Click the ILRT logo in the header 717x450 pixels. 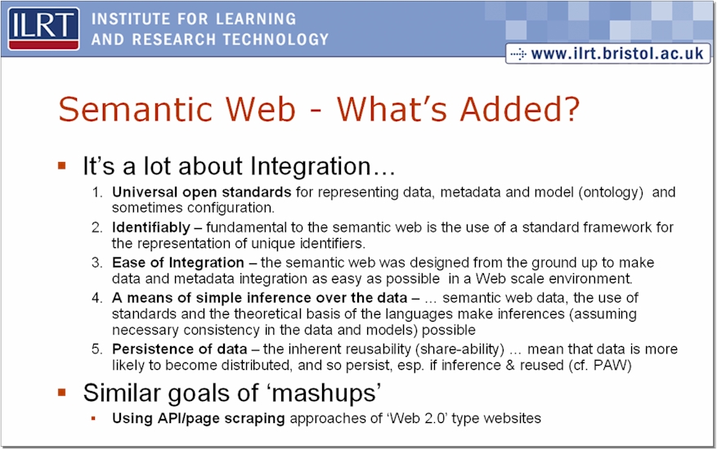click(x=43, y=29)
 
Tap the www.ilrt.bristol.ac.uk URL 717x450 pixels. click(x=617, y=53)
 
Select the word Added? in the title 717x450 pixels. click(x=520, y=109)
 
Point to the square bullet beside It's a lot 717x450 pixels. click(x=62, y=165)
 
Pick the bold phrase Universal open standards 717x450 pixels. click(x=202, y=192)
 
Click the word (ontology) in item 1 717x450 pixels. click(x=611, y=192)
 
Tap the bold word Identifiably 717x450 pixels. click(x=151, y=227)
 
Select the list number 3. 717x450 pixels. click(x=97, y=263)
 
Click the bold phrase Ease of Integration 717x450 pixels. click(x=178, y=263)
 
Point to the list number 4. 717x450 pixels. click(x=97, y=298)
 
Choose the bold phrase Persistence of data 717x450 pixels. click(x=180, y=349)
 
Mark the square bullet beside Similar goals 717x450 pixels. click(x=62, y=393)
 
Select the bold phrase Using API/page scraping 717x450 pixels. click(x=199, y=418)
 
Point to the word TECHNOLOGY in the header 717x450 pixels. click(x=276, y=40)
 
